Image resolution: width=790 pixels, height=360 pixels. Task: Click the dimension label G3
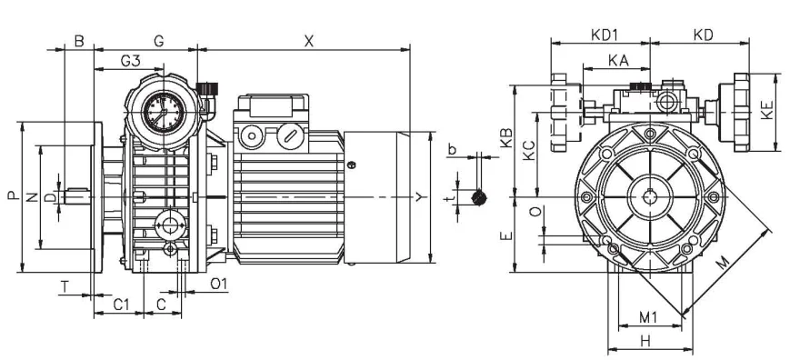130,60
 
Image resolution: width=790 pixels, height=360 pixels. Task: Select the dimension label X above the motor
308,41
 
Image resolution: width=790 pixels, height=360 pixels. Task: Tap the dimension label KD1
604,35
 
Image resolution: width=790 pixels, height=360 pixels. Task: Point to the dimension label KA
618,60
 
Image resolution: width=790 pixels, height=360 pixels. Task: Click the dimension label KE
767,110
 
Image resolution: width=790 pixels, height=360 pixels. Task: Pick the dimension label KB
505,138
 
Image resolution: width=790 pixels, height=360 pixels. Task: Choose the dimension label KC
528,150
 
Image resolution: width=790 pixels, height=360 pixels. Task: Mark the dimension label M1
648,317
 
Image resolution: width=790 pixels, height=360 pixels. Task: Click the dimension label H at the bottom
645,342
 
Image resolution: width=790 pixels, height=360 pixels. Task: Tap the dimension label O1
219,284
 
